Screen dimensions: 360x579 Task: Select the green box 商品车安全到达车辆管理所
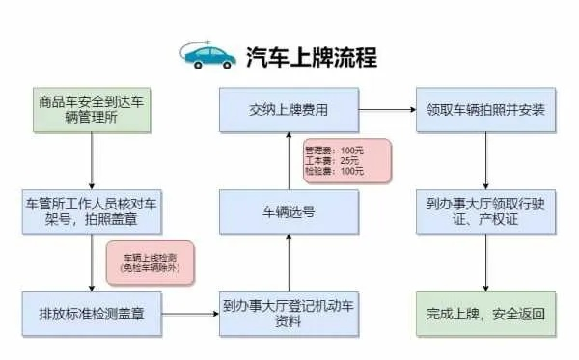coord(93,109)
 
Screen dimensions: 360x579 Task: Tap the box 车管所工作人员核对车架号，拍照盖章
coord(93,210)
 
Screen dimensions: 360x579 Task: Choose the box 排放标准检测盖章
coord(93,314)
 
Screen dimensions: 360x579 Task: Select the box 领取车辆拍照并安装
coord(484,109)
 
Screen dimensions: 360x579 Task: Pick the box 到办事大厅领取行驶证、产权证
coord(484,210)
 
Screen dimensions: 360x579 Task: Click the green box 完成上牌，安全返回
coord(484,314)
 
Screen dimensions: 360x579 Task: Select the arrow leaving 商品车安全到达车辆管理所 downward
coord(93,160)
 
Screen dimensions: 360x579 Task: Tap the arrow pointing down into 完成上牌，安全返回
coord(484,263)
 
